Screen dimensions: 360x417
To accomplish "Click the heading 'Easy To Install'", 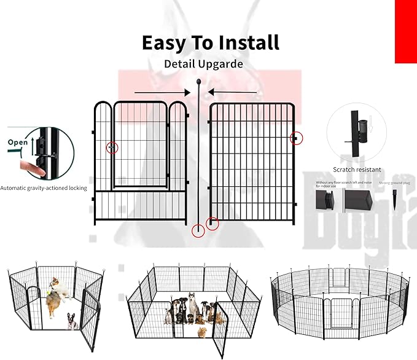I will pyautogui.click(x=211, y=42).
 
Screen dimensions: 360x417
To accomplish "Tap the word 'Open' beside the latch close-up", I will pyautogui.click(x=18, y=142).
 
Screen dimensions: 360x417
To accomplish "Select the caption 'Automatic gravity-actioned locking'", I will pyautogui.click(x=44, y=188).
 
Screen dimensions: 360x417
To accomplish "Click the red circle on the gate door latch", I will pyautogui.click(x=112, y=147).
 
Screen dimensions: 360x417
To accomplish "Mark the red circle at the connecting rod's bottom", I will pyautogui.click(x=198, y=231).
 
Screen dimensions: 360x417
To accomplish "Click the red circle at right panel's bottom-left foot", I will pyautogui.click(x=212, y=224).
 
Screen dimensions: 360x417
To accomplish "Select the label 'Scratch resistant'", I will pyautogui.click(x=357, y=170).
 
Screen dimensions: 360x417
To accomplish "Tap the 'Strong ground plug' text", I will pyautogui.click(x=393, y=183).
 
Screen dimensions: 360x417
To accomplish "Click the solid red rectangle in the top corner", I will pyautogui.click(x=405, y=31).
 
